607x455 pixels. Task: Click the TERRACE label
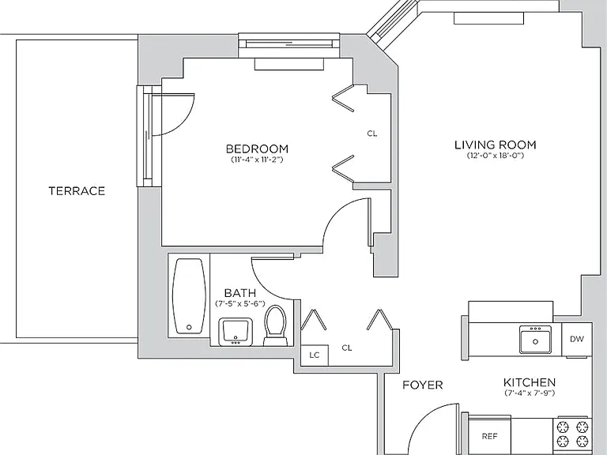coord(77,190)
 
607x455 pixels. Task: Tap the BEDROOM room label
coord(257,149)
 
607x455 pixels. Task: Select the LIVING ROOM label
coord(495,145)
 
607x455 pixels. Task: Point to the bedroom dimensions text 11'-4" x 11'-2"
coord(257,160)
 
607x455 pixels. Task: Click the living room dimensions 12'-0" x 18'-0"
coord(495,156)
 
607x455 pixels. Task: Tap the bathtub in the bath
coord(189,296)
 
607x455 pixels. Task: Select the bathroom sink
coord(236,332)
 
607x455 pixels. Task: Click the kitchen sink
coord(535,340)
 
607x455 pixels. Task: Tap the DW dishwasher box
coord(576,339)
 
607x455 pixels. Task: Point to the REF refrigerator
coord(489,436)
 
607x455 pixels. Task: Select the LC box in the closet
coord(315,355)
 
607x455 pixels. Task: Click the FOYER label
coord(422,385)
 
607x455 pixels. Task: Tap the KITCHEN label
coord(530,382)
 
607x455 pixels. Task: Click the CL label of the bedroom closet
coord(372,133)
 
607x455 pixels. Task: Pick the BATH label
coord(240,293)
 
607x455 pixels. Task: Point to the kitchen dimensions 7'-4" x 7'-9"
coord(530,393)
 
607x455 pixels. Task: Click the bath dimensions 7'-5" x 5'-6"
coord(240,303)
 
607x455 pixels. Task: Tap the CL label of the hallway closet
coord(347,348)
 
